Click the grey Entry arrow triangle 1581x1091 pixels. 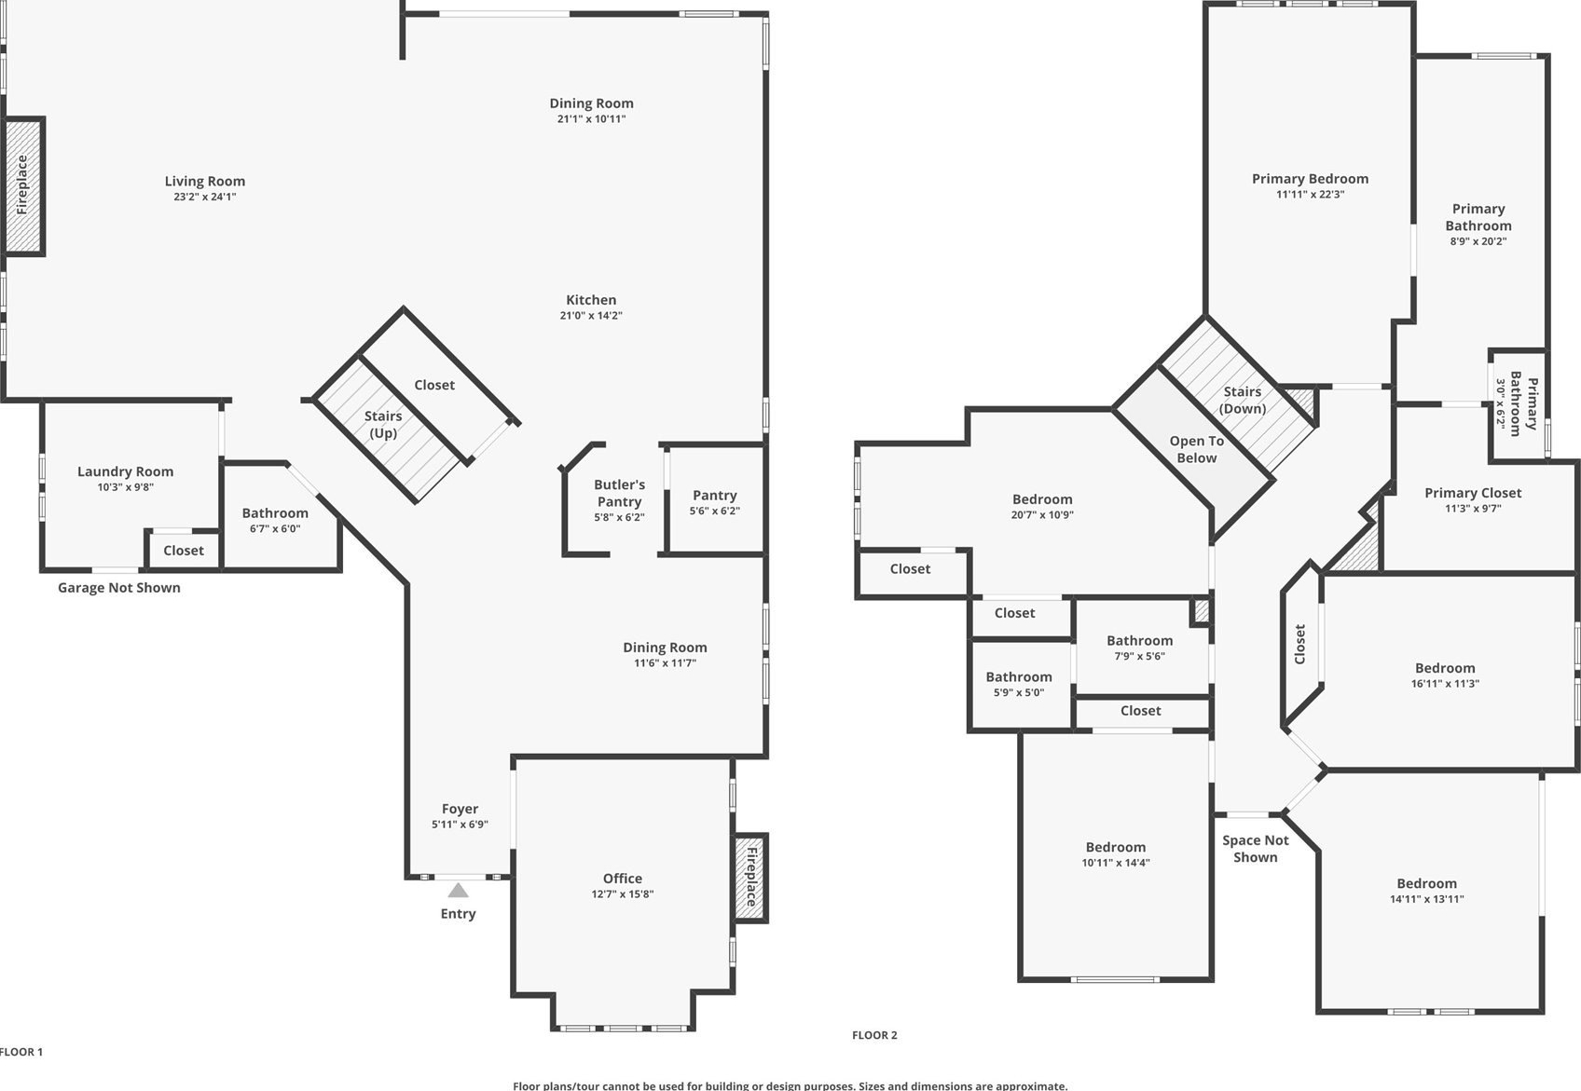click(x=458, y=890)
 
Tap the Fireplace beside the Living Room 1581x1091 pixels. click(x=23, y=186)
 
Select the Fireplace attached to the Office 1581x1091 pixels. click(x=750, y=878)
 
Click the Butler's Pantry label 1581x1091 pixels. click(x=619, y=493)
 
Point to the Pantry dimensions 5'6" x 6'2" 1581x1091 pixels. click(x=714, y=511)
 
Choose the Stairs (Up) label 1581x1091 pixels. click(x=383, y=424)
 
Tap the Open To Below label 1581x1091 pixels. click(x=1196, y=449)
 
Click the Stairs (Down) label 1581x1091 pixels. click(x=1243, y=400)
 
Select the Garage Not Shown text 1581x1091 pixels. click(x=119, y=588)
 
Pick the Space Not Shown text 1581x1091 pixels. click(x=1255, y=849)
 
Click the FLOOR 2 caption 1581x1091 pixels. click(x=874, y=1034)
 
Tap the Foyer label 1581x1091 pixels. click(x=460, y=809)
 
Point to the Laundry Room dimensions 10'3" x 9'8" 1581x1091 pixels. click(x=125, y=486)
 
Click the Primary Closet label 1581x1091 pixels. click(x=1472, y=493)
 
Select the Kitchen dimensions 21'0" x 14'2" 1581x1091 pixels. click(x=591, y=315)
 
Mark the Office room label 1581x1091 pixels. click(x=623, y=878)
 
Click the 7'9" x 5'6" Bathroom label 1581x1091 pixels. click(x=1139, y=640)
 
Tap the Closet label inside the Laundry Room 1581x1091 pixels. click(x=184, y=550)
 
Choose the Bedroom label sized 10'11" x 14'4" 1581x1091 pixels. click(x=1115, y=847)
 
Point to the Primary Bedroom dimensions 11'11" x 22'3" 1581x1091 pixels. click(x=1310, y=194)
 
